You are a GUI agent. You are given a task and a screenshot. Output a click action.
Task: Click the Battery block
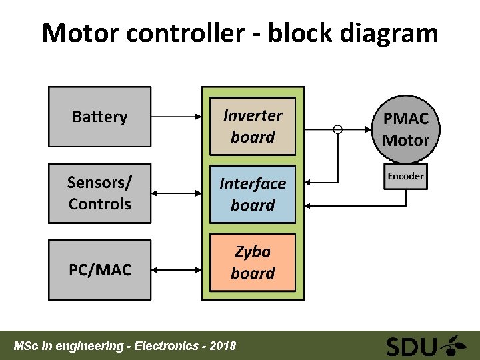pyautogui.click(x=99, y=117)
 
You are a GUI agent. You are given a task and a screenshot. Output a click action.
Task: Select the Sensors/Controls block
pyautogui.click(x=99, y=193)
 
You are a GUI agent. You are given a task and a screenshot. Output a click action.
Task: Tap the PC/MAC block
pyautogui.click(x=99, y=270)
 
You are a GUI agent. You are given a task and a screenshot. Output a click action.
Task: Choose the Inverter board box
pyautogui.click(x=253, y=126)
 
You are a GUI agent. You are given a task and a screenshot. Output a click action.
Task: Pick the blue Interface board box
pyautogui.click(x=253, y=194)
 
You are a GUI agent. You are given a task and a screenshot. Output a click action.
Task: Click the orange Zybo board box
pyautogui.click(x=253, y=262)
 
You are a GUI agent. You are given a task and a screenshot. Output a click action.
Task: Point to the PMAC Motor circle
pyautogui.click(x=405, y=129)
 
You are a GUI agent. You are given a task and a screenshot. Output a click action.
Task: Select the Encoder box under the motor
pyautogui.click(x=405, y=176)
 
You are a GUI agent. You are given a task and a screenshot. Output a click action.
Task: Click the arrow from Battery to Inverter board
pyautogui.click(x=177, y=117)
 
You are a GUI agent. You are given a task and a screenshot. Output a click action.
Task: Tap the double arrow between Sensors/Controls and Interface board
pyautogui.click(x=177, y=193)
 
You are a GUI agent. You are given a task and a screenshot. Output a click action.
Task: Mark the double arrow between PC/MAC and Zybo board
pyautogui.click(x=177, y=270)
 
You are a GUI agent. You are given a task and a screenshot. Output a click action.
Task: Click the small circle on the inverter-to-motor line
pyautogui.click(x=338, y=129)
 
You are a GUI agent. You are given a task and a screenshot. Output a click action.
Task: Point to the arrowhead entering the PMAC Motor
pyautogui.click(x=369, y=129)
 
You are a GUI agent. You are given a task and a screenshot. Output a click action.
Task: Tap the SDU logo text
pyautogui.click(x=412, y=347)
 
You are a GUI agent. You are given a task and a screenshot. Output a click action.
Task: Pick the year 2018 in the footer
pyautogui.click(x=222, y=346)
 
